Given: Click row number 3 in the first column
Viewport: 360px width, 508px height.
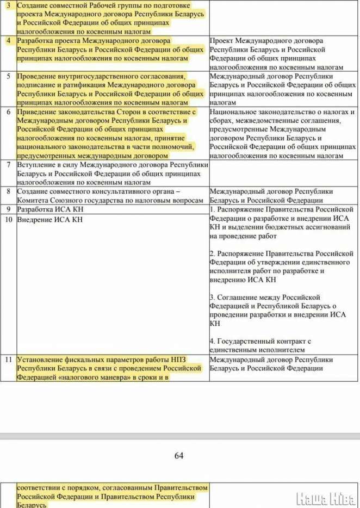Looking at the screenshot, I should pos(8,4).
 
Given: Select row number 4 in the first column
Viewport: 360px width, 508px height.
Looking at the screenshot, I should pos(8,41).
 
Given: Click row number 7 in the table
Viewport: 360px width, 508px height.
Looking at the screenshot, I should pos(8,164).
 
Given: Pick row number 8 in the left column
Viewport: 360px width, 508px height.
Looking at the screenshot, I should pos(8,191).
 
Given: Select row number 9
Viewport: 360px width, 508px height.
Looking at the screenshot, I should pos(8,209).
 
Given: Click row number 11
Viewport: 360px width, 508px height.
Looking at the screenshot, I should pos(8,360).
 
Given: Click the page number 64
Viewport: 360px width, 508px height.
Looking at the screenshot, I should pos(179,456).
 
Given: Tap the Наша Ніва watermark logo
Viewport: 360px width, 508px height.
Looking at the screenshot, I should pos(326,497).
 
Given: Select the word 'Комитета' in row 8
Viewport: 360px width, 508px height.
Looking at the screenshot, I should pos(33,200).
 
